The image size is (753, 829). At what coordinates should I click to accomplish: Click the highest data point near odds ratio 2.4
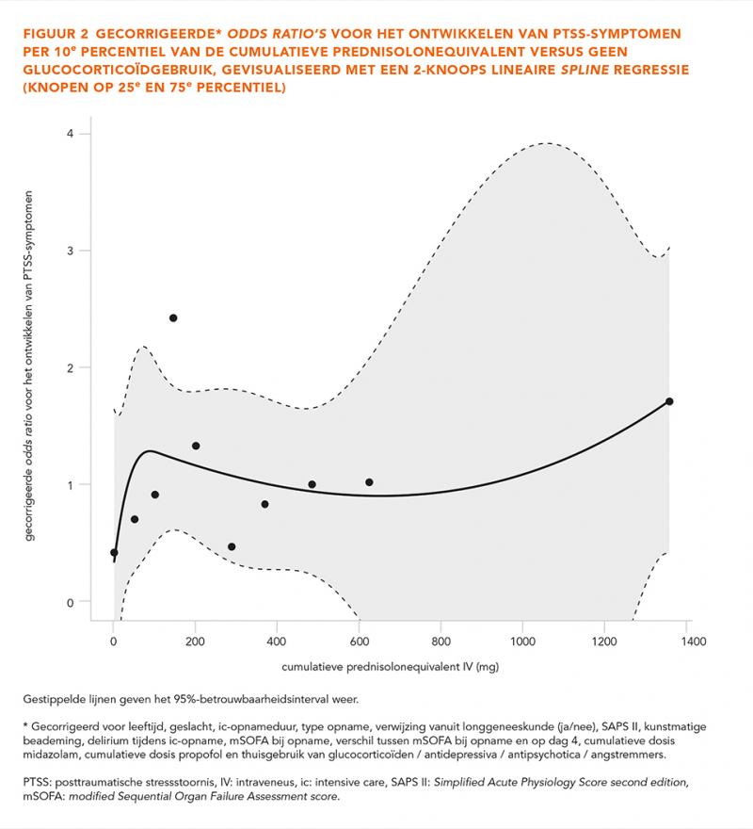[173, 317]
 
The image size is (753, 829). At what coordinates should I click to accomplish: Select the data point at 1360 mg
[669, 401]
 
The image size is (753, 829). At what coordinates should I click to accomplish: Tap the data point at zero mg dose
[114, 552]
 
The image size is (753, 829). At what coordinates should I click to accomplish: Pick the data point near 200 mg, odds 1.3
[196, 446]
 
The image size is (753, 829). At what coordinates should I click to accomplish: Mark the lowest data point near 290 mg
[232, 546]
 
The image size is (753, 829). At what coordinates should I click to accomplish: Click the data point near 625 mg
[369, 482]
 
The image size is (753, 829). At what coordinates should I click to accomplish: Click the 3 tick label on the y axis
[71, 251]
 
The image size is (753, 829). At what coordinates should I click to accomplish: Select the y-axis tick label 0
[71, 603]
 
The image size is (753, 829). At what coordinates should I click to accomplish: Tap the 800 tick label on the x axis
[441, 642]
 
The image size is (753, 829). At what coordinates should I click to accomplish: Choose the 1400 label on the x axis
[693, 642]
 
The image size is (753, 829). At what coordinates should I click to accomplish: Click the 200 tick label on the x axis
[195, 642]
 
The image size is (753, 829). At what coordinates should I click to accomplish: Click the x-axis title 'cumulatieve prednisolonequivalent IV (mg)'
[390, 667]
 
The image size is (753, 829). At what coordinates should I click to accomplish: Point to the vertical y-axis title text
[28, 366]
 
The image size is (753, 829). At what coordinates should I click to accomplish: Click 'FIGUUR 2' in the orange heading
[56, 34]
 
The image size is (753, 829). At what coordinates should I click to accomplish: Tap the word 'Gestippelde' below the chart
[53, 699]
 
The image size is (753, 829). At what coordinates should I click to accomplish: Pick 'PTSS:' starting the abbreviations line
[37, 782]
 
